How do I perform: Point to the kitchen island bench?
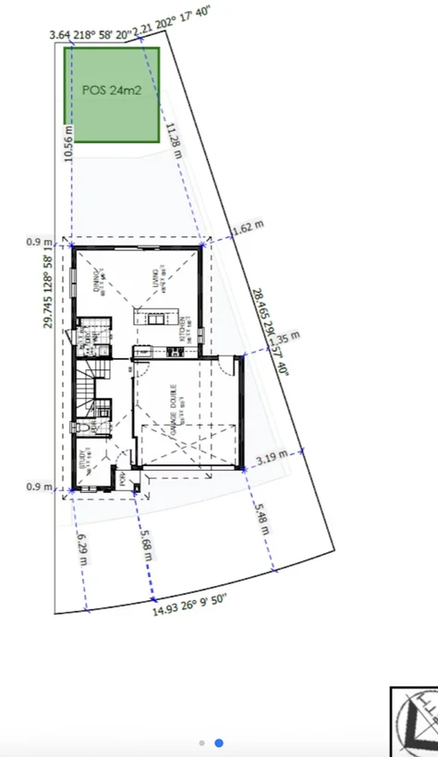157,319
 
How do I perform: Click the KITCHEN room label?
182,331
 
